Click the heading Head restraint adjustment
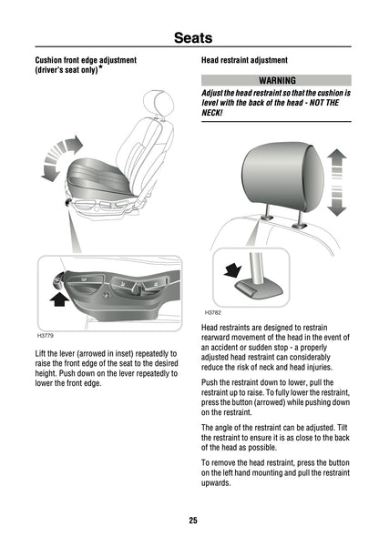click(244, 60)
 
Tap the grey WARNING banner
click(275, 81)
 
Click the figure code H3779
click(45, 335)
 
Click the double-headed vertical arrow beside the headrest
click(337, 182)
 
